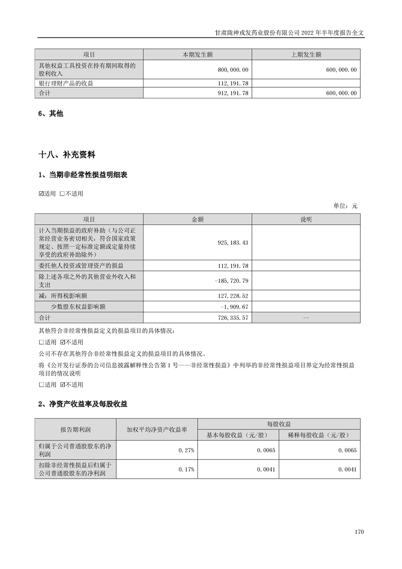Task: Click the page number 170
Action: pos(359,532)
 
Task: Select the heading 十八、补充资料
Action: pos(67,154)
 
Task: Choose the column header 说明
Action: pos(306,219)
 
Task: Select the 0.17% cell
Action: pos(187,470)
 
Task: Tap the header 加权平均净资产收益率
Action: pos(157,429)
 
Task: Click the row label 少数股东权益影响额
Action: pos(78,307)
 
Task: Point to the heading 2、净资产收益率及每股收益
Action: pos(83,404)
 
